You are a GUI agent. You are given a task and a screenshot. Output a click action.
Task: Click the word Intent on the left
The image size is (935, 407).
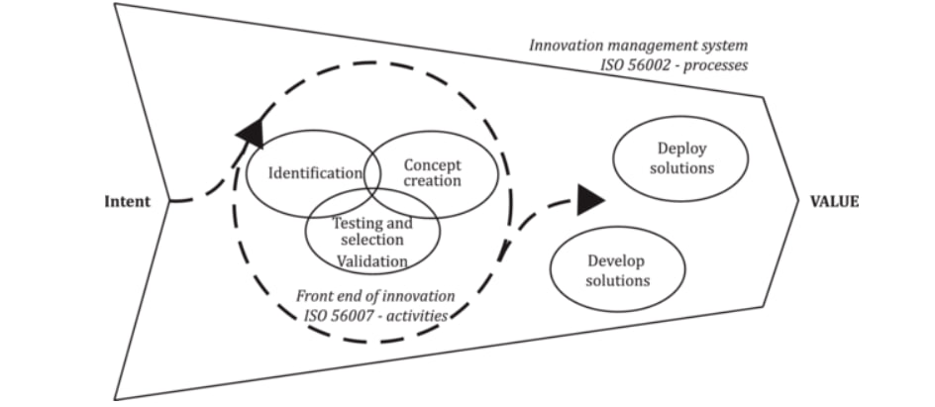[x=127, y=202]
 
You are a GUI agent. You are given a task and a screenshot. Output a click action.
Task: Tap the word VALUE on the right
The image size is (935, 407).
[x=835, y=201]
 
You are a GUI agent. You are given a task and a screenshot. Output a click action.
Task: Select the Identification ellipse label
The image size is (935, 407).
[x=316, y=173]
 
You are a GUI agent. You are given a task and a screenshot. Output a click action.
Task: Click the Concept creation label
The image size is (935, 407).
[x=432, y=173]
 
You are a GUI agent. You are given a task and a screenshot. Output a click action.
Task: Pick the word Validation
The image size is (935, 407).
[x=371, y=261]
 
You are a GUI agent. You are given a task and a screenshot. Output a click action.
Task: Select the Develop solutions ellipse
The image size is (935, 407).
[x=616, y=270]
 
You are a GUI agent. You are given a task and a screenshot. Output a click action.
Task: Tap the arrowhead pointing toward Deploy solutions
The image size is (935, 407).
[x=590, y=200]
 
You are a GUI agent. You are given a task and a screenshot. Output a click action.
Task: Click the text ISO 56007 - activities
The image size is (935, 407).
[x=376, y=316]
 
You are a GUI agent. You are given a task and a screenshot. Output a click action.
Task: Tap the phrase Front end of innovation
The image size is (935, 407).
[x=375, y=296]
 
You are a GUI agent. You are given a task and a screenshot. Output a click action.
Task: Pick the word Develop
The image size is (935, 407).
[x=616, y=261]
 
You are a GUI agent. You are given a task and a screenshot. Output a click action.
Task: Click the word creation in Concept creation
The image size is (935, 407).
[x=432, y=182]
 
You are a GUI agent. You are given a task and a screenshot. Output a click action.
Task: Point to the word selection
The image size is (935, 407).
[x=371, y=241]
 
